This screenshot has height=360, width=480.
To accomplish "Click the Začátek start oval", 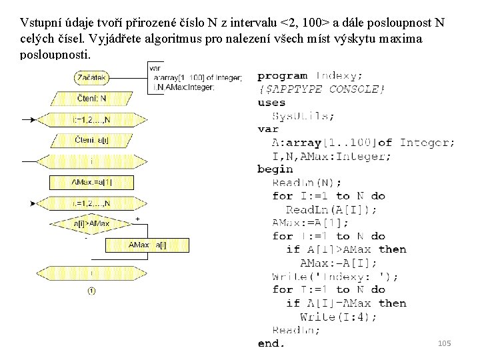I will [92, 78].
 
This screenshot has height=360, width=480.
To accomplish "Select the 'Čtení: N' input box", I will [92, 99].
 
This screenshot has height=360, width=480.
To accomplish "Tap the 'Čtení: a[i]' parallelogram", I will [92, 140].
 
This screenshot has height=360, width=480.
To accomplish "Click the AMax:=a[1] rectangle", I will [92, 182].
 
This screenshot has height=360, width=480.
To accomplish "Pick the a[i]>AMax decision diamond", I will [92, 223].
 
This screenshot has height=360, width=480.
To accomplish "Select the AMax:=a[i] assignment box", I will [147, 245].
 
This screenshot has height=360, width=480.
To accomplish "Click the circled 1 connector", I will [91, 290].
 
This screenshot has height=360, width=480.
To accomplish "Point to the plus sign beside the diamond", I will [137, 219].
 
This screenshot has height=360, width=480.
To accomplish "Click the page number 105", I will [444, 343].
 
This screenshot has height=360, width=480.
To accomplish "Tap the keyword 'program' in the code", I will [282, 76].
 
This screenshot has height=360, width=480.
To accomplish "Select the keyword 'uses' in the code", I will [271, 103].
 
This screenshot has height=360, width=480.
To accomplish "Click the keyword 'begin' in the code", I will [275, 169].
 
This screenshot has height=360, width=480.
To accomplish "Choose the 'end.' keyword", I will [271, 343].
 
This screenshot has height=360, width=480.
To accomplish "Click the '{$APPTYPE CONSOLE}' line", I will [321, 89].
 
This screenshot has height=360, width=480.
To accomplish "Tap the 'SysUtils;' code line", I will [303, 116].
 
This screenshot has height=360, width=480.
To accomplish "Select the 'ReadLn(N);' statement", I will [307, 183].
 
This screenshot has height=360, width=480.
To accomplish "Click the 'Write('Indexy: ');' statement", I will [335, 276].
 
